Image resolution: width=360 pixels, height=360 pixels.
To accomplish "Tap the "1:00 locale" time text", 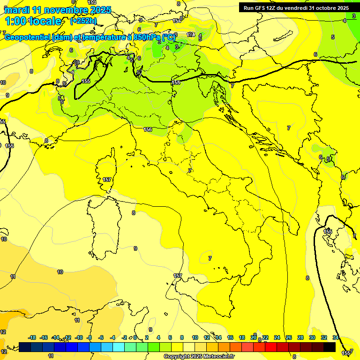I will tap(33, 21).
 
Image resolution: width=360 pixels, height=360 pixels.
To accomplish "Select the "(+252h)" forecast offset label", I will tap(83, 21).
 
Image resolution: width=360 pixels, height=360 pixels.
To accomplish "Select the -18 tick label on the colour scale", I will tap(32, 337).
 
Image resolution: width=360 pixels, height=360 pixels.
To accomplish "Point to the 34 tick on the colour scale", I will tap(336, 337).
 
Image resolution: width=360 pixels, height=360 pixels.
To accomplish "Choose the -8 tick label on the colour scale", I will tap(89, 337).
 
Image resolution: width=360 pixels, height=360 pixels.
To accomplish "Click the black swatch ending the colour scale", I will tap(330, 347).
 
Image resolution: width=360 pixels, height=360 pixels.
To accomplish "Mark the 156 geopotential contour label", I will tap(148, 129).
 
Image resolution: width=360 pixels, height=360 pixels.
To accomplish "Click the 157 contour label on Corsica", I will tap(107, 180).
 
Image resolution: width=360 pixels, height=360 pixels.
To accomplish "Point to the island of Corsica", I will tap(107, 169).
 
